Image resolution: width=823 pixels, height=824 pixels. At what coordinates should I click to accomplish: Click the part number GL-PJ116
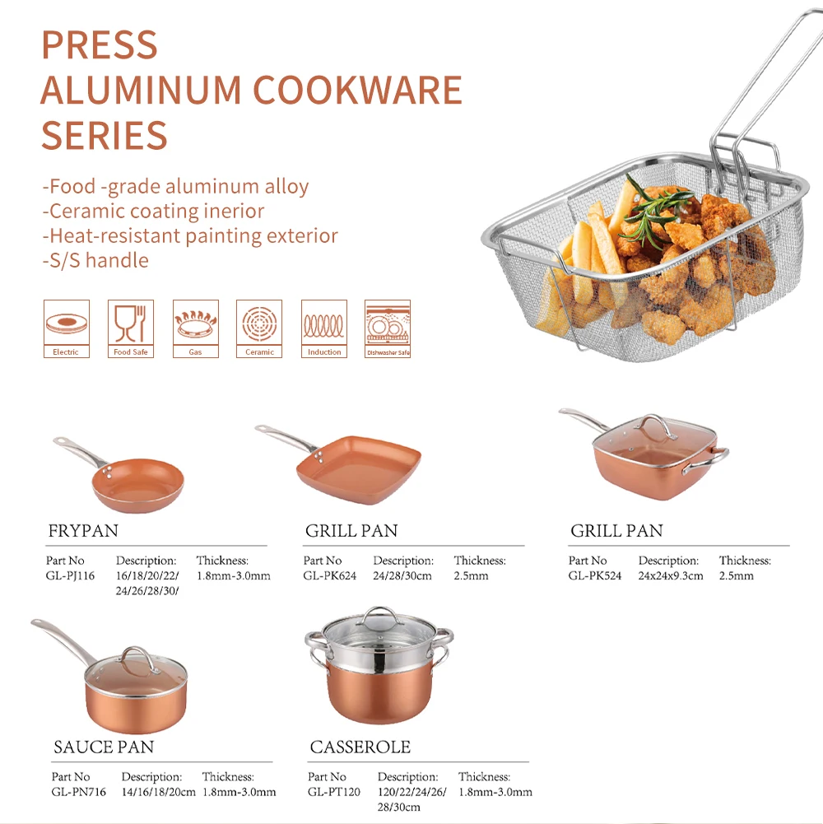(70, 576)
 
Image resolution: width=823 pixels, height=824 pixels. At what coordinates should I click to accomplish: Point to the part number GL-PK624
(330, 576)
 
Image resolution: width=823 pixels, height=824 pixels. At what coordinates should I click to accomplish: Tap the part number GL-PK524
(595, 576)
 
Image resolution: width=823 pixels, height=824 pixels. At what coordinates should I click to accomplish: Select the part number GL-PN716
(78, 792)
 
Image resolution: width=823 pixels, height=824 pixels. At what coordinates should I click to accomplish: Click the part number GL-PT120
(334, 792)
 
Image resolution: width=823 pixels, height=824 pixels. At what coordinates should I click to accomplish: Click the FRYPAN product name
(83, 531)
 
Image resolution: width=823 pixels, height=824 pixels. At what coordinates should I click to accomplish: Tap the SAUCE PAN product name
(104, 747)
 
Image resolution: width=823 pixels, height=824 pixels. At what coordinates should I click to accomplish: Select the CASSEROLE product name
(360, 747)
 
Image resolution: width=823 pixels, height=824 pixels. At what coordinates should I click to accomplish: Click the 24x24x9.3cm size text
(671, 576)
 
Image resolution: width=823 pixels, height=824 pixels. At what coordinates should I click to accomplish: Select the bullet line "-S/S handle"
(95, 261)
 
